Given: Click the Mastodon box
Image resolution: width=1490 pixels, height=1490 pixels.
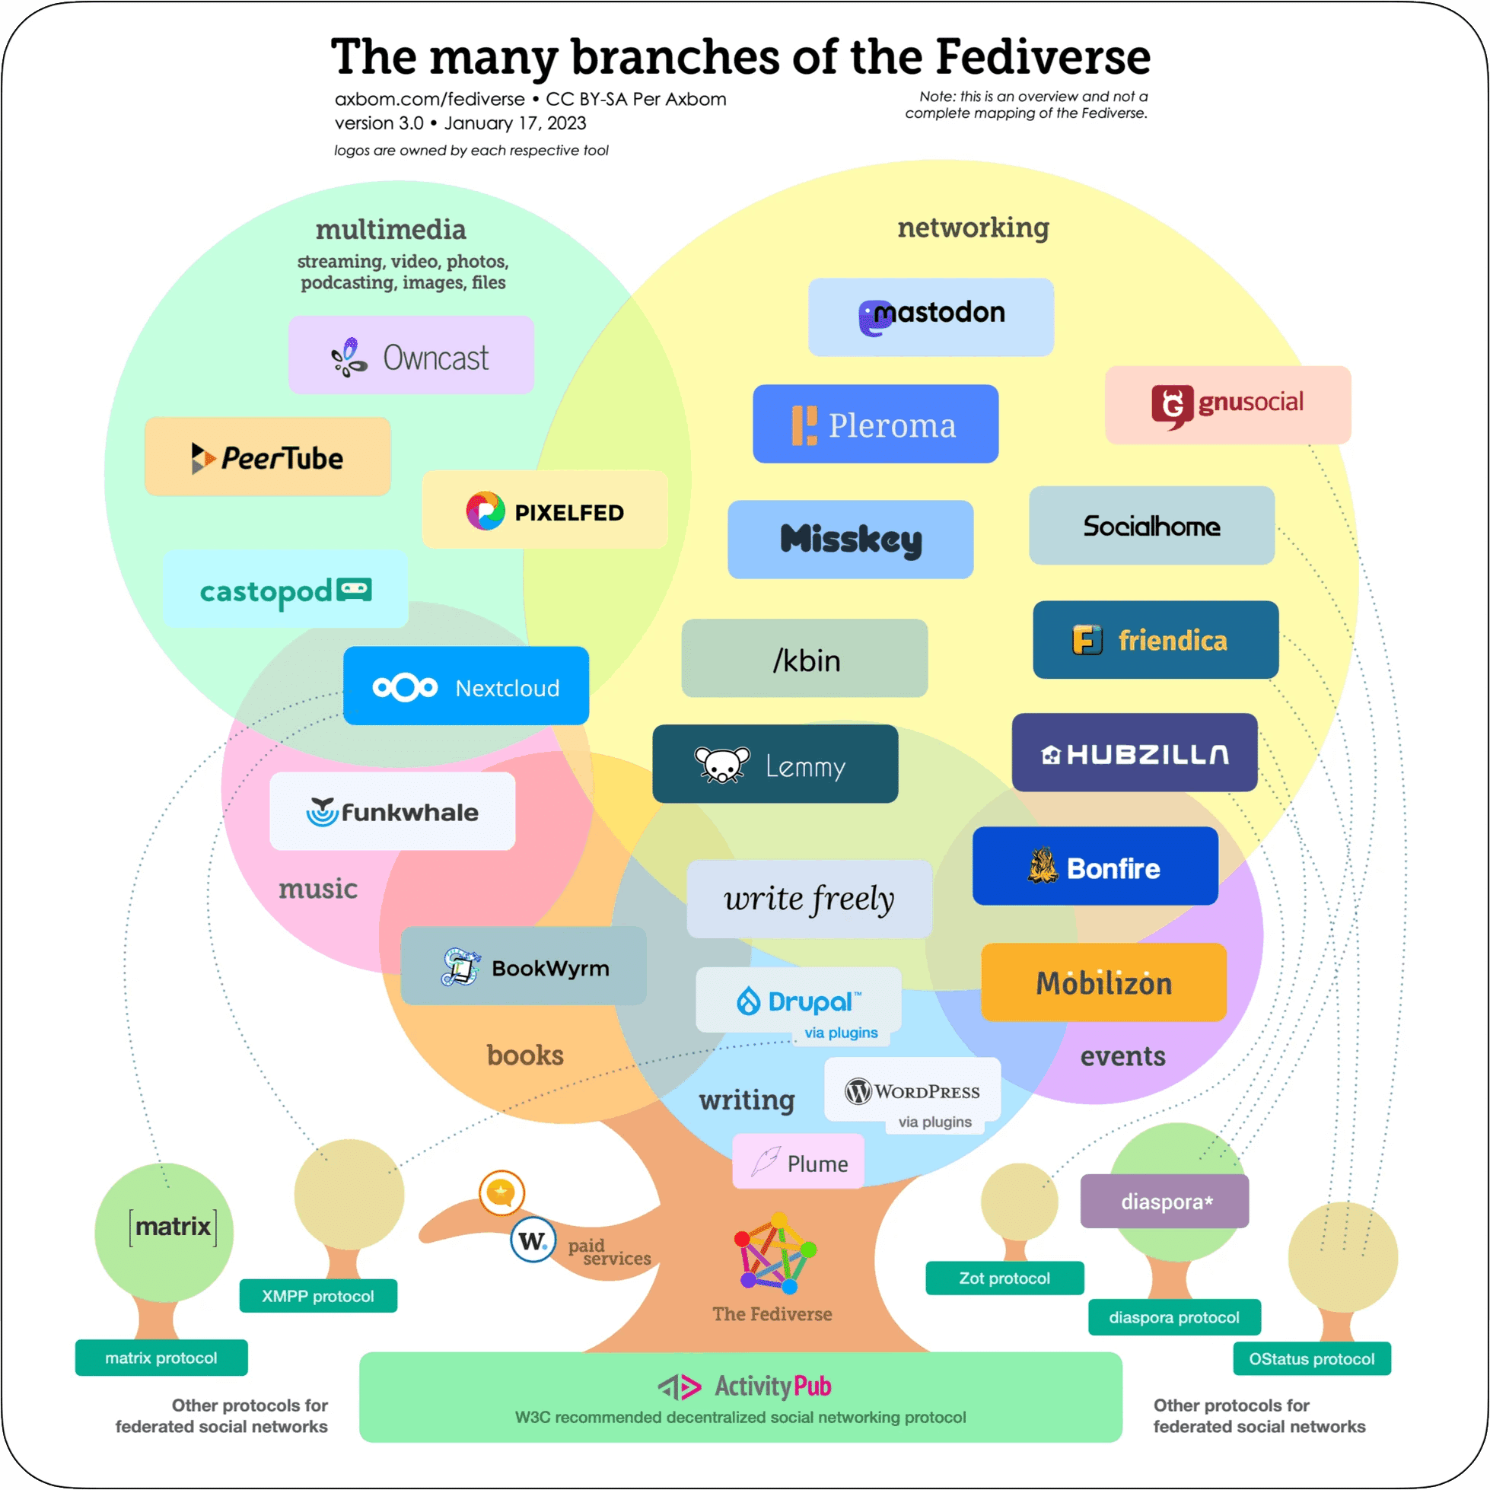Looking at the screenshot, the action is coord(931,317).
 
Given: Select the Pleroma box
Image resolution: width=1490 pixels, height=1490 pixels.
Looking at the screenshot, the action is coord(875,423).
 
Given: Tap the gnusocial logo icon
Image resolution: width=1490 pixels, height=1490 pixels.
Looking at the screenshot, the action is coord(1172,406).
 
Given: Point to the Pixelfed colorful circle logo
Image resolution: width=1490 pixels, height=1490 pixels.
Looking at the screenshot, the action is coord(485,511).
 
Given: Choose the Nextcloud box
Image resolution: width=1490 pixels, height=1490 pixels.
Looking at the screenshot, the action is coord(466,686).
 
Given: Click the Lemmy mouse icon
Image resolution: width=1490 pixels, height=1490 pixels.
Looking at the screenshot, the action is coord(722,764).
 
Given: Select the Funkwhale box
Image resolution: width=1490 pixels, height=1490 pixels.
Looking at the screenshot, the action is coord(393,810).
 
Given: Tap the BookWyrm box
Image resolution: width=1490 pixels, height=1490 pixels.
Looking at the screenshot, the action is coord(524,966).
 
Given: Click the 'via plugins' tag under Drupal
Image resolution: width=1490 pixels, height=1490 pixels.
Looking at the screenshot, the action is coord(841,1033).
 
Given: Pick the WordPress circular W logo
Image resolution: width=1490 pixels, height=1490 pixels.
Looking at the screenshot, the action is coord(858,1091).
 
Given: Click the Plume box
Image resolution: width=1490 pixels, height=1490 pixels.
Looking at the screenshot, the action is coord(798,1160).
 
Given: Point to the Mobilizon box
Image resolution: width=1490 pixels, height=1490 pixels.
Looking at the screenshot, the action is coord(1103,982).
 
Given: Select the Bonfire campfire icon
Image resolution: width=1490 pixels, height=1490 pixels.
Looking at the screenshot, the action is coord(1043,865).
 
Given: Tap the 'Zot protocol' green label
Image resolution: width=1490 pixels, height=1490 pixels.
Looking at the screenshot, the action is coord(1005,1278).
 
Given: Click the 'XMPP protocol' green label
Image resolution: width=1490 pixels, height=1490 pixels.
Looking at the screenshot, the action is coord(319,1296).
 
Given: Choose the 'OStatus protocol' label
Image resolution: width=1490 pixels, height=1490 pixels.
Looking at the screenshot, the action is coord(1312,1359).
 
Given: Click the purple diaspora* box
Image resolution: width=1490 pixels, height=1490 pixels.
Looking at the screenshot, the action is coord(1164,1201).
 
